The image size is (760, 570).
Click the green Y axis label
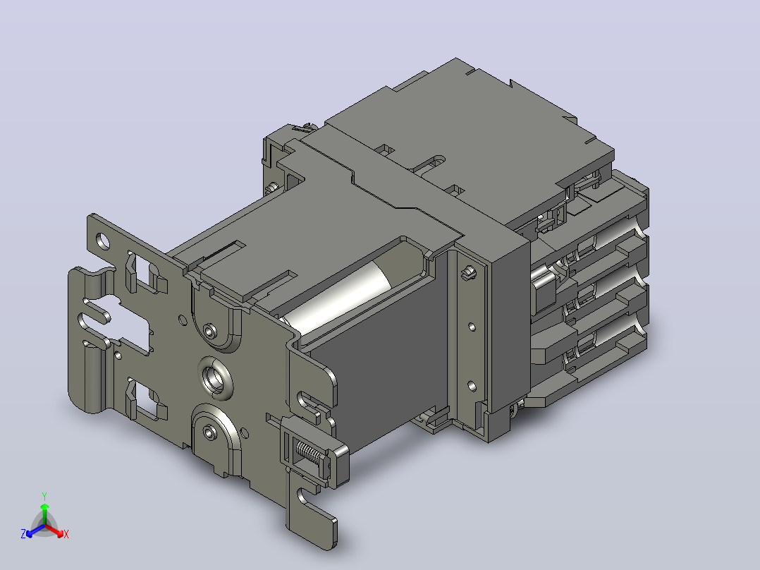coord(44,496)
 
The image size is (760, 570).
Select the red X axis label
coord(66,534)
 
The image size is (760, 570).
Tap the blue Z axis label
coord(23,533)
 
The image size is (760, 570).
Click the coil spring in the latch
coord(308,454)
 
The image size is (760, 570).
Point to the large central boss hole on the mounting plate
coord(216,378)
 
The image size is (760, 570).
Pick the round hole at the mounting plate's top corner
coord(103,240)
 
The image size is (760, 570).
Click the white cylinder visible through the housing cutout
coord(339,296)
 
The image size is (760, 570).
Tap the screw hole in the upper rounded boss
coord(210,332)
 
